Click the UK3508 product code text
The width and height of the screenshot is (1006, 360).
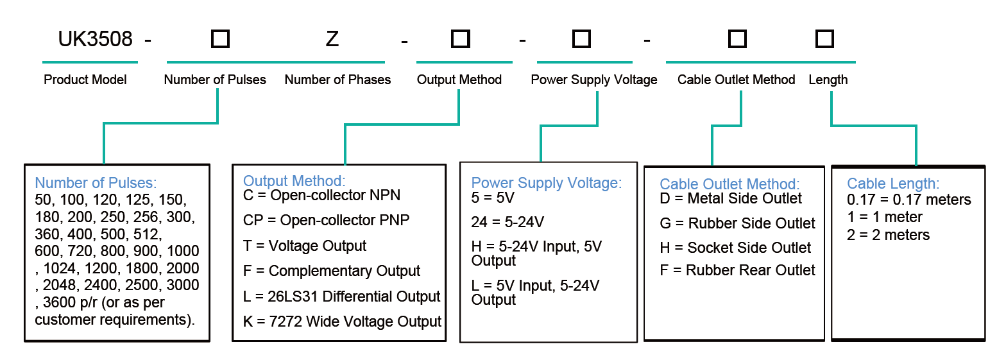[95, 39]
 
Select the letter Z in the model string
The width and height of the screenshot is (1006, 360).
[332, 39]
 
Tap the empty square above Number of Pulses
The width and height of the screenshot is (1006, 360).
[220, 39]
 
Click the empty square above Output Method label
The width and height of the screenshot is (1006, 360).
[461, 39]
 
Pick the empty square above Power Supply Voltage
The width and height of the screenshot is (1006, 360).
[581, 39]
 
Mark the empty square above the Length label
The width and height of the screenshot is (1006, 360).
[824, 39]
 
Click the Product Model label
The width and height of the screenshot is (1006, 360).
[85, 80]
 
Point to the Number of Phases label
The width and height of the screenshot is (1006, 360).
[337, 80]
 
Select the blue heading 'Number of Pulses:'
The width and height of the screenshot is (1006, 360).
[96, 183]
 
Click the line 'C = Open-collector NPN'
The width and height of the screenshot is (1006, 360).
[321, 195]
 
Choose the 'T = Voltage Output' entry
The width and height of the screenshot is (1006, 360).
[305, 246]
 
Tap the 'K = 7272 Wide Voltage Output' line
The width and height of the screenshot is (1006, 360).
[342, 321]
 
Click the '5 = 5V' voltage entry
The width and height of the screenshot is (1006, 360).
[493, 198]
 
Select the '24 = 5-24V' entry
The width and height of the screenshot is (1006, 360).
[507, 222]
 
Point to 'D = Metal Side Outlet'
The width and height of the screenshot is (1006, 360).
[731, 198]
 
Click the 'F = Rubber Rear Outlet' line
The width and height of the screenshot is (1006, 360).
[737, 270]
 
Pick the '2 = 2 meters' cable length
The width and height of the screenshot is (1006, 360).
[889, 235]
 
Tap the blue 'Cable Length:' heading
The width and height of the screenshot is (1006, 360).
[893, 184]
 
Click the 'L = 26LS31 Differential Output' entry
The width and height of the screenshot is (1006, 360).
[342, 296]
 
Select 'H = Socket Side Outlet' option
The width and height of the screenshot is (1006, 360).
[735, 248]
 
